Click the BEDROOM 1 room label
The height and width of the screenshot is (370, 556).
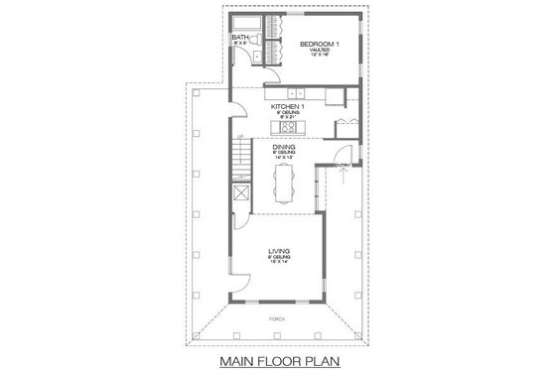coord(319,44)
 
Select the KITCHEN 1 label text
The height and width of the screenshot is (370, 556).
coord(286,104)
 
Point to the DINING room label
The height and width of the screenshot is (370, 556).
coord(286,147)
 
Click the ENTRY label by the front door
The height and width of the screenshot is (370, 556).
coord(343,165)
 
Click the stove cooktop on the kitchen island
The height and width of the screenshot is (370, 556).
coord(288,127)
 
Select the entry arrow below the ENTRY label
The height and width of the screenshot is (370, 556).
coord(343,179)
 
